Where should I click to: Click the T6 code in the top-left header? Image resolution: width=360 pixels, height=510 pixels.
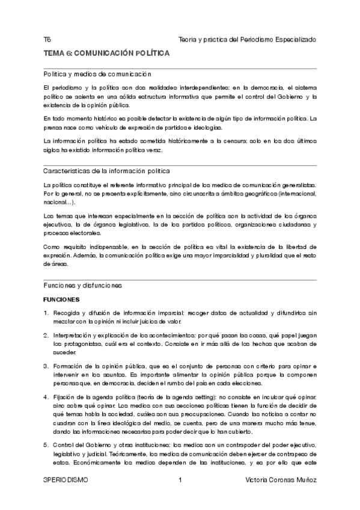click(x=47, y=40)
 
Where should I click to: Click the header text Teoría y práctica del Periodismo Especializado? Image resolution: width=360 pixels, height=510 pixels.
click(x=247, y=40)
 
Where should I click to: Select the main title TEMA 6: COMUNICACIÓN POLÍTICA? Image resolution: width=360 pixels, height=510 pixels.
click(x=106, y=54)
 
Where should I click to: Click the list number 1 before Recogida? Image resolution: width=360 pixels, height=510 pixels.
click(x=46, y=313)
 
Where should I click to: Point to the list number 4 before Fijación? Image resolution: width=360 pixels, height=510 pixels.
click(x=46, y=398)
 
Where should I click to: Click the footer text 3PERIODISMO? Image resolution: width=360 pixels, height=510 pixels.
click(x=66, y=481)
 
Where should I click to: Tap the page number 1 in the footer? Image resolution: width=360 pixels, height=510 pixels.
click(x=180, y=481)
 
